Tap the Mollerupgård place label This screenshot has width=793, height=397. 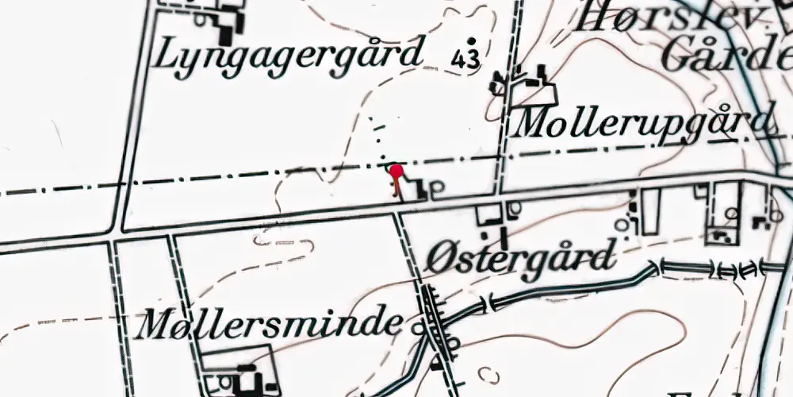643,124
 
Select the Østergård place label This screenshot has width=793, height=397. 520,258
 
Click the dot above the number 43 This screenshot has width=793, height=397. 473,40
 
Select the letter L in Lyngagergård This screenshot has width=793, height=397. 168,55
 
